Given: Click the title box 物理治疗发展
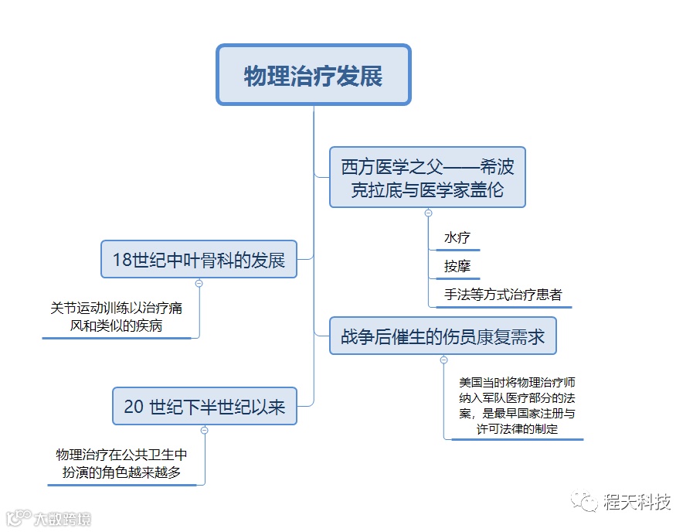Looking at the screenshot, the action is coord(313,75).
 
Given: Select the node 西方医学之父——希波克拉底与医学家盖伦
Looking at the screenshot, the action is coord(427,177).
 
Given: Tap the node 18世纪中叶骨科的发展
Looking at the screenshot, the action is coord(199,259).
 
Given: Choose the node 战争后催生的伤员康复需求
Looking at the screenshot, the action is coord(443,336).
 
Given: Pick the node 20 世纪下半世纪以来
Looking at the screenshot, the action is coord(204,406).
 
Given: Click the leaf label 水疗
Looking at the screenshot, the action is coord(457,237).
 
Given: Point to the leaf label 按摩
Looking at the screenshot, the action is coord(457,267).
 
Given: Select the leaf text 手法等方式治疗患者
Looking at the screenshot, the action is coord(502,295).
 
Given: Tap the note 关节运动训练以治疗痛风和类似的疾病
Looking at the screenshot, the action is coord(117,317).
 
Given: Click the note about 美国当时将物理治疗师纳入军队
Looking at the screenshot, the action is coord(516,405).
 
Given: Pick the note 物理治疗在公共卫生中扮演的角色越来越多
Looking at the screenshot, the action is coord(121,463).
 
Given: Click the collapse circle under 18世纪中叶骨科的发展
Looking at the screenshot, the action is coord(199,284).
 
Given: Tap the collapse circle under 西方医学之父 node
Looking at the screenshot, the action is coord(428,213).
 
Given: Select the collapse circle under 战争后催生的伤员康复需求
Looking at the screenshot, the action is coord(443,360).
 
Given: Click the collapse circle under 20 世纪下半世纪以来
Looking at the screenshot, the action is coord(204,430).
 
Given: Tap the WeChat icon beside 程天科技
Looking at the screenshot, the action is coord(585,502).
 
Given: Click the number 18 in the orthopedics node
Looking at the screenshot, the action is coord(123,260).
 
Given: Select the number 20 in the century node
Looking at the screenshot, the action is coord(134,407).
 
